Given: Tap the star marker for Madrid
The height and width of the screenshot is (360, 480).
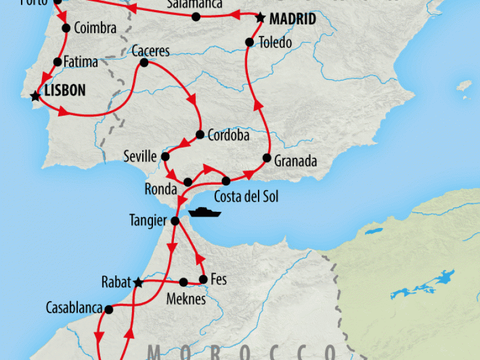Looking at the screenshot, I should [x=260, y=18].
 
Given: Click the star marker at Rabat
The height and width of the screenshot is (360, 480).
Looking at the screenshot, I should [x=139, y=283].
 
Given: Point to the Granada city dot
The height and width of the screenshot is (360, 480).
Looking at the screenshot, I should [x=266, y=158].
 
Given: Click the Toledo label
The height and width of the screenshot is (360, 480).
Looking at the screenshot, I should [x=275, y=43].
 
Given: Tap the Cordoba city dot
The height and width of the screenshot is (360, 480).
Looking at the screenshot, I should [x=199, y=134].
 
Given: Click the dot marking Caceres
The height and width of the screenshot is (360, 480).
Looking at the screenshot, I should [x=144, y=62].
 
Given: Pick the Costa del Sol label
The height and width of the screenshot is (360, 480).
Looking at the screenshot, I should [x=246, y=197].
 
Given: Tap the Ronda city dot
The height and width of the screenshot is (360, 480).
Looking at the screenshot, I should [x=188, y=182].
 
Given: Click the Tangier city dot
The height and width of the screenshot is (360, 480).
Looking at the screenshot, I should [x=175, y=221].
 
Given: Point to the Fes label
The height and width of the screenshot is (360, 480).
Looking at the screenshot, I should [x=219, y=280].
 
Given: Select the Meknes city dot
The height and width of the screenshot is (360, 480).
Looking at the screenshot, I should [x=184, y=281].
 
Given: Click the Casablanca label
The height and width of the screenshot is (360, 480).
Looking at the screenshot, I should [x=74, y=308].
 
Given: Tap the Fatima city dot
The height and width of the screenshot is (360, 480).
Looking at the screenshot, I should [x=58, y=61].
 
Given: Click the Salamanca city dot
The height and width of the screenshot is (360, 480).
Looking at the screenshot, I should [x=196, y=16].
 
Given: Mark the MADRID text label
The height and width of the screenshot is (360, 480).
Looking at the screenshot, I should [x=292, y=19].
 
